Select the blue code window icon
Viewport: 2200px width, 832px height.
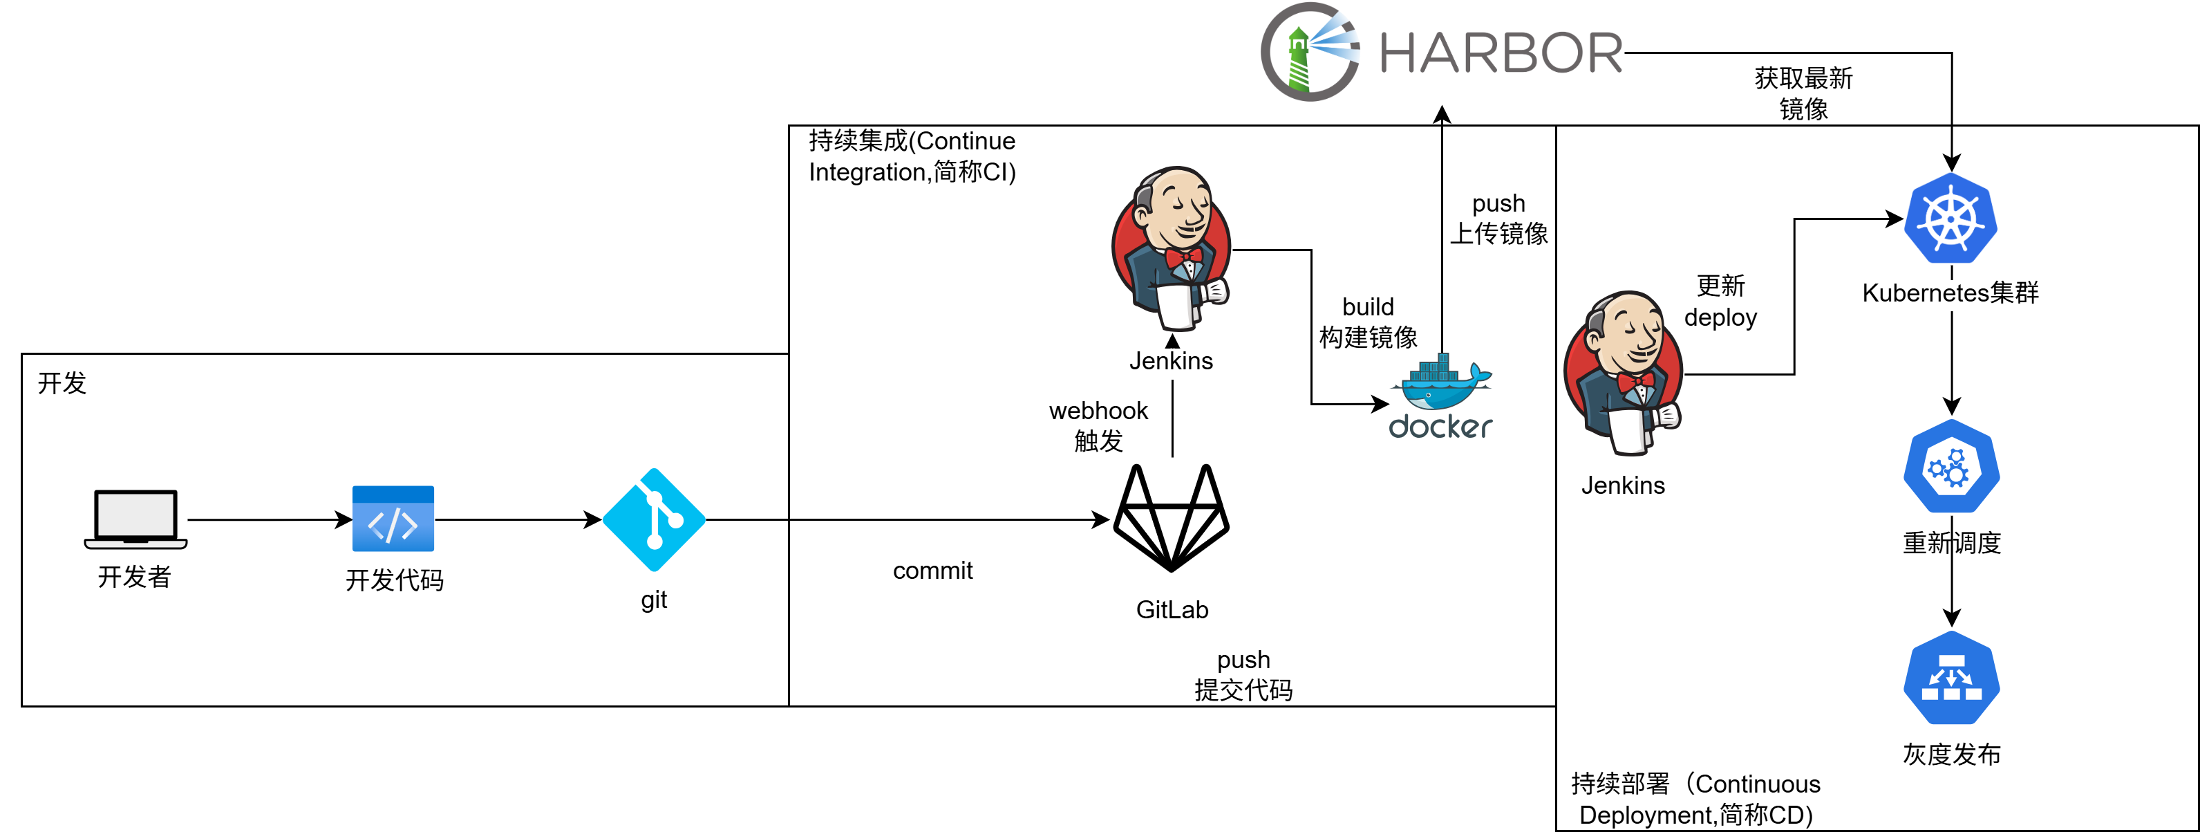pyautogui.click(x=393, y=519)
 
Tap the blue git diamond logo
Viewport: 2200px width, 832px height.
pyautogui.click(x=654, y=519)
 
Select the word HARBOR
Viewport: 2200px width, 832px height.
pyautogui.click(x=1501, y=53)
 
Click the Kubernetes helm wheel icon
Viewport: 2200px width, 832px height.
pyautogui.click(x=1951, y=219)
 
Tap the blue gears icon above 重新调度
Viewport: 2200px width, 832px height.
pyautogui.click(x=1951, y=468)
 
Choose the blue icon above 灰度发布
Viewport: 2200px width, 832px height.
pyautogui.click(x=1951, y=678)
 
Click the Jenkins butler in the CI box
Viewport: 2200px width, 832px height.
pyautogui.click(x=1172, y=248)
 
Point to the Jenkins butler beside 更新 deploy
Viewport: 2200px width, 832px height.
pyautogui.click(x=1623, y=373)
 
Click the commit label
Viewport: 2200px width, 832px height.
pyautogui.click(x=932, y=571)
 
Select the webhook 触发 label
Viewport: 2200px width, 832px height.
pyautogui.click(x=1098, y=425)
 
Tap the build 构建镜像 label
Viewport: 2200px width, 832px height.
pyautogui.click(x=1368, y=322)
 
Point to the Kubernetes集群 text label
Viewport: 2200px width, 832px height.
pyautogui.click(x=1950, y=293)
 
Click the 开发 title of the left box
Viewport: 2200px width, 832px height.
pyautogui.click(x=62, y=382)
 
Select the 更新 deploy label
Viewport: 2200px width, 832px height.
pyautogui.click(x=1721, y=301)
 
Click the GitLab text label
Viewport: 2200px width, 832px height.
pyautogui.click(x=1172, y=610)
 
